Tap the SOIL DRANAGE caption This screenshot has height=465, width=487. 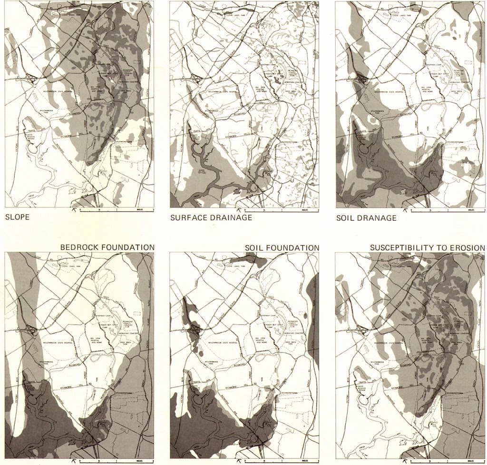click(366, 218)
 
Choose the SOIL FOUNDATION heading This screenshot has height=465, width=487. click(282, 247)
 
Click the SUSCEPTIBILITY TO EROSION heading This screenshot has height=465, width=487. click(427, 247)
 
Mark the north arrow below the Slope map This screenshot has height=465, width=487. click(74, 209)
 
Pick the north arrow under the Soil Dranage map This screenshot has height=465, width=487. click(405, 209)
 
